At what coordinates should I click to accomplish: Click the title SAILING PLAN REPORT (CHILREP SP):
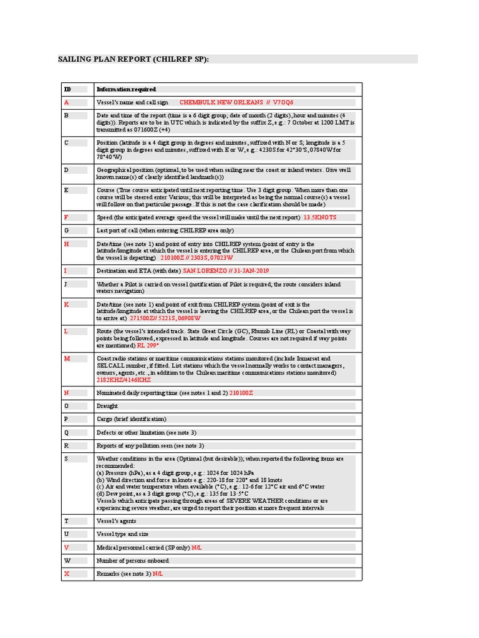(133, 59)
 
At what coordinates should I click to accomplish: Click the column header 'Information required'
(126, 89)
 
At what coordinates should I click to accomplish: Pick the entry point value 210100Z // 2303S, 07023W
(196, 257)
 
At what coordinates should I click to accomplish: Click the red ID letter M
(67, 358)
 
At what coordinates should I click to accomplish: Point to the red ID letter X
(66, 573)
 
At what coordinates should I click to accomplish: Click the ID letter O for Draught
(66, 406)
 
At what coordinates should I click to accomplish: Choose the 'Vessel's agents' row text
(116, 521)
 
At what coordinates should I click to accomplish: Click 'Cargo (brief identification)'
(131, 419)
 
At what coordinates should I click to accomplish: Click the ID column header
(67, 89)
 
